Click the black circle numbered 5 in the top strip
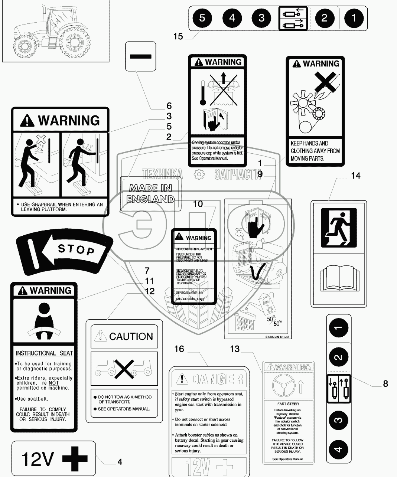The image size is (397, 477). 202,18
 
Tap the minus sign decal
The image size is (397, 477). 141,56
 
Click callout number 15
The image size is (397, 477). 178,36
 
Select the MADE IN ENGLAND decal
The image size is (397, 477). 151,193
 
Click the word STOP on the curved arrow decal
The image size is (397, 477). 76,249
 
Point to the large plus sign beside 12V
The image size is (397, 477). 75,459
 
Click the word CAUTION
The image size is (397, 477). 131,336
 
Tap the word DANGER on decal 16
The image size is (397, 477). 217,379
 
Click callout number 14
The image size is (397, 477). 355,176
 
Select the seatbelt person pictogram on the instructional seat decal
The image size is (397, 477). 44,322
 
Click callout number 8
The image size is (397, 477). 385,383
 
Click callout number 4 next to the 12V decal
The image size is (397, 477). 120,462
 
